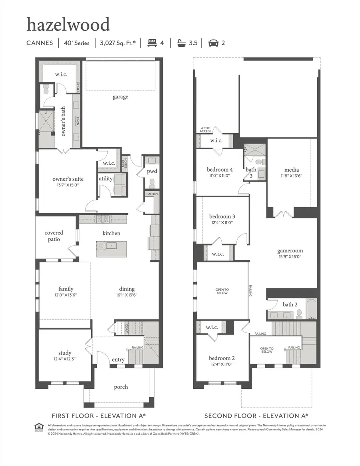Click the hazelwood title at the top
pyautogui.click(x=68, y=25)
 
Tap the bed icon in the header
pyautogui.click(x=152, y=43)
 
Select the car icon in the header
pyautogui.click(x=213, y=43)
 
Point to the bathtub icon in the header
pyautogui.click(x=182, y=43)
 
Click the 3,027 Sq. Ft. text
pyautogui.click(x=118, y=43)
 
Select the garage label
pyautogui.click(x=120, y=97)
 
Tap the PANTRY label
pyautogui.click(x=152, y=194)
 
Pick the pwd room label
pyautogui.click(x=152, y=171)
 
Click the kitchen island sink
pyautogui.click(x=112, y=245)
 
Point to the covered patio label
pyautogui.click(x=54, y=236)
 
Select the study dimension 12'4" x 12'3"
pyautogui.click(x=64, y=359)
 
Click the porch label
pyautogui.click(x=121, y=387)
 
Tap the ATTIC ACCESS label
pyautogui.click(x=206, y=130)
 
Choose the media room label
pyautogui.click(x=292, y=170)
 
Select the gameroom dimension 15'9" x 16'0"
pyautogui.click(x=290, y=258)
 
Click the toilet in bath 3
pyautogui.click(x=259, y=162)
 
